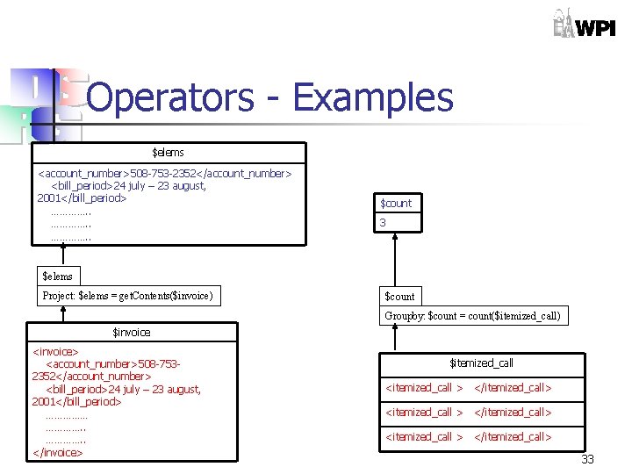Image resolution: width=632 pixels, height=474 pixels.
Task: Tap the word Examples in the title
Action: tap(372, 97)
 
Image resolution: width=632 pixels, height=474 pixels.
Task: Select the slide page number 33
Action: tap(588, 460)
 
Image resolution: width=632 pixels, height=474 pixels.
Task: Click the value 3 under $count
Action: tap(383, 223)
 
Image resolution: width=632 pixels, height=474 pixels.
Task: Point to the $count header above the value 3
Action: tap(396, 203)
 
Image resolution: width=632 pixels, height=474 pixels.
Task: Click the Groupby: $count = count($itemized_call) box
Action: tap(472, 316)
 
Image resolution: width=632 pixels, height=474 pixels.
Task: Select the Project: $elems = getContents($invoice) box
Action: tap(128, 296)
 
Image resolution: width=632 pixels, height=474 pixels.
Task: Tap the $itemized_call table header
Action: tap(481, 363)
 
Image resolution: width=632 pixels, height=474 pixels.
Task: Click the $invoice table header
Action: tap(132, 333)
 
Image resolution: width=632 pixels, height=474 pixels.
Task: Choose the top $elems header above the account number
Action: tap(168, 153)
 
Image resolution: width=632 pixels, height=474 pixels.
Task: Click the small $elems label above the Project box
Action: tap(58, 276)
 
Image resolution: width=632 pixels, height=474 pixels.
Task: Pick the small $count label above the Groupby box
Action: tap(399, 296)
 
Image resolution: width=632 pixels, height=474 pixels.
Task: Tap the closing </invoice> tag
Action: tap(57, 453)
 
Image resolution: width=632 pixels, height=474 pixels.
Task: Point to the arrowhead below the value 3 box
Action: tap(397, 239)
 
